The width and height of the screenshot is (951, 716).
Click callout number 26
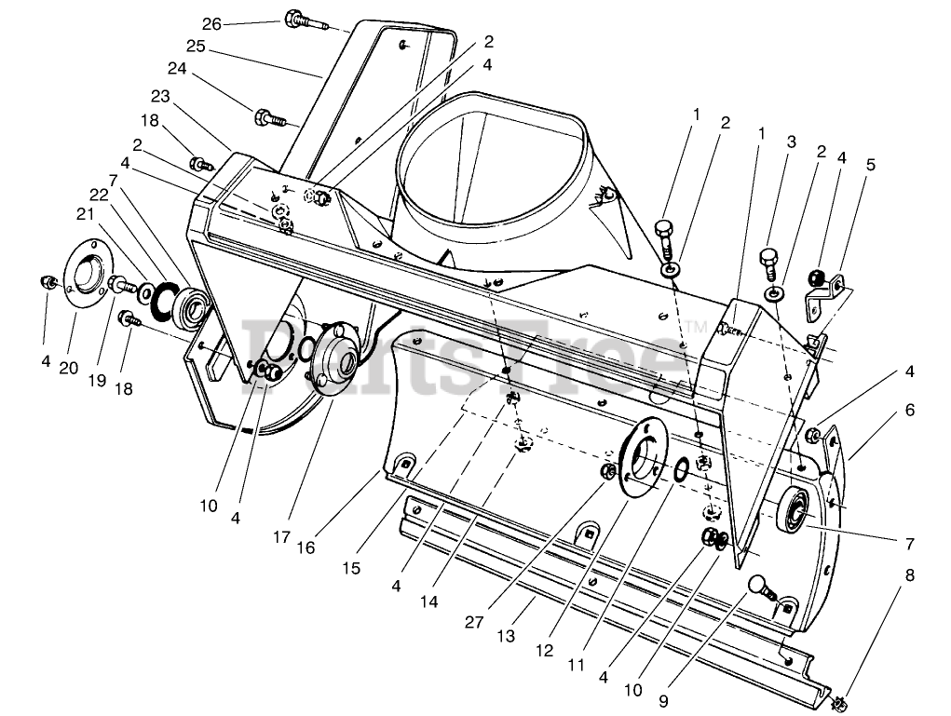click(x=211, y=24)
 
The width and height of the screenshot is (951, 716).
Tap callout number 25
click(x=195, y=46)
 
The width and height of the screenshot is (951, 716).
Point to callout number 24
click(x=178, y=68)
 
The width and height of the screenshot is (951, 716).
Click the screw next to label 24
click(x=268, y=118)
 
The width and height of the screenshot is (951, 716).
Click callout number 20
click(x=69, y=368)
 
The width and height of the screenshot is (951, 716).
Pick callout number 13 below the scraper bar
click(x=505, y=636)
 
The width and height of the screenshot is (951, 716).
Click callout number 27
click(x=474, y=622)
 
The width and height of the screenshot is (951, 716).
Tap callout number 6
click(x=909, y=410)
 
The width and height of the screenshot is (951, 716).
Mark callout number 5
click(x=871, y=166)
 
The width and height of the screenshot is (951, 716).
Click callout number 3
click(x=791, y=142)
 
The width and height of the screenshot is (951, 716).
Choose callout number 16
click(x=306, y=547)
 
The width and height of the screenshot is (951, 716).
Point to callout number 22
click(x=100, y=194)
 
